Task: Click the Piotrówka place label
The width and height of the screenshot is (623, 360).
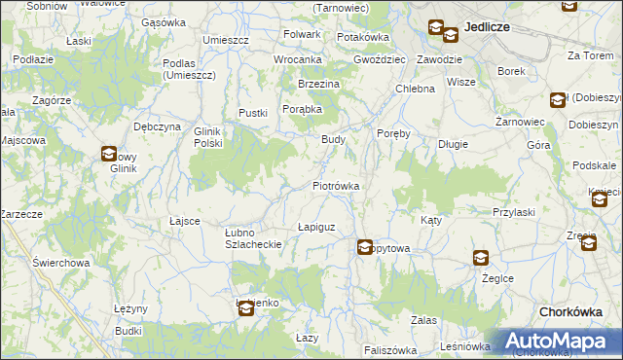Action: tap(337, 185)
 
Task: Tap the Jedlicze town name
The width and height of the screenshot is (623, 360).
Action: tap(489, 27)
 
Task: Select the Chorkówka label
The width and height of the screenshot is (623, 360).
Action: tap(575, 311)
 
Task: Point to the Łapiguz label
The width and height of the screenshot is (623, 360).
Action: tap(316, 227)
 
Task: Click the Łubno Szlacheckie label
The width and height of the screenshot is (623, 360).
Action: tap(253, 238)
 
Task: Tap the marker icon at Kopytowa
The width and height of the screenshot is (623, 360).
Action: tap(365, 248)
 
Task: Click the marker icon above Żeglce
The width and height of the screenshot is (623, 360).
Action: tap(481, 258)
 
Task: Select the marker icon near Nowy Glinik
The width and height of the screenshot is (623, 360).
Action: tap(109, 153)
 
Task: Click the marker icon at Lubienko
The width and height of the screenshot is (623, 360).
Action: tap(245, 307)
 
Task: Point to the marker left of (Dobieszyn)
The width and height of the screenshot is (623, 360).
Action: tap(557, 99)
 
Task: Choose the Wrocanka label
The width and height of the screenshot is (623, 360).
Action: tap(297, 59)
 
